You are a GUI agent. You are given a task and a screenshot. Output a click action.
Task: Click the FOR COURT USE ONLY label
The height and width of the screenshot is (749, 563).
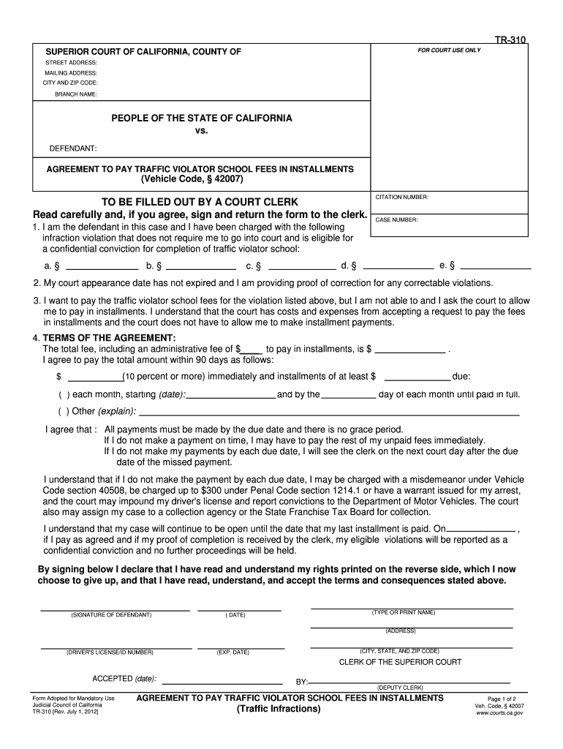tap(449, 50)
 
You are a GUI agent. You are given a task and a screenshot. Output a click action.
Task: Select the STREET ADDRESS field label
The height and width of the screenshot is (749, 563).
tap(71, 63)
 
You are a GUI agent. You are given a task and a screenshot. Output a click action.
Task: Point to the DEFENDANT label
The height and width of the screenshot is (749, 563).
tap(73, 148)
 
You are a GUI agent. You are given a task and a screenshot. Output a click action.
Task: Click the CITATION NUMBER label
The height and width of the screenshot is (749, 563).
tap(401, 197)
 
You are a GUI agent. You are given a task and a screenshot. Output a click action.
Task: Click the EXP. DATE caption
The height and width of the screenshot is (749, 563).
tap(233, 652)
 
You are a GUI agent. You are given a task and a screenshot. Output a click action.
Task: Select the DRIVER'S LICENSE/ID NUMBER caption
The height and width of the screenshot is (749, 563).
tap(110, 652)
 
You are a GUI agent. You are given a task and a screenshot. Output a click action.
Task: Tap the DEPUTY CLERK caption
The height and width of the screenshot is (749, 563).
tap(400, 688)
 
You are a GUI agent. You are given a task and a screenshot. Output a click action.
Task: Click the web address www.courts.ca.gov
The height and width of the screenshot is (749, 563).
tap(500, 712)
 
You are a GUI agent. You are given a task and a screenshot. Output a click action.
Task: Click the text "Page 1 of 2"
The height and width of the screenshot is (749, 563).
tap(501, 699)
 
